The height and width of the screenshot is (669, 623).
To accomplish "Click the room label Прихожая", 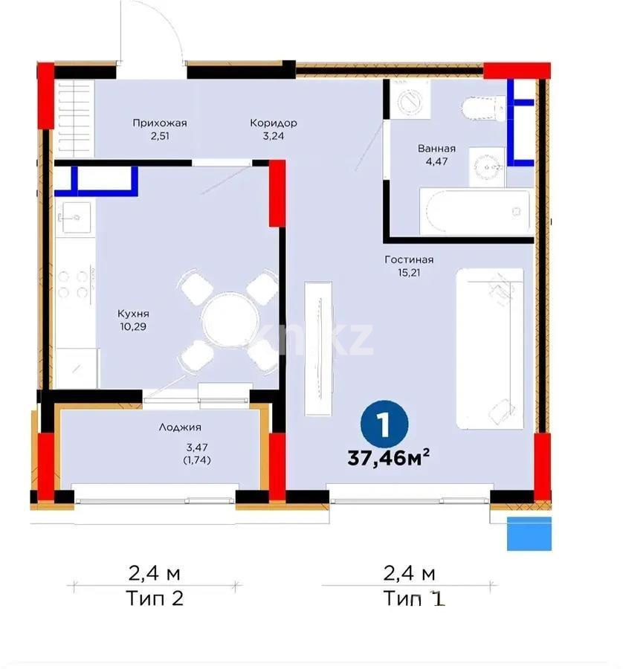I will coord(159,123).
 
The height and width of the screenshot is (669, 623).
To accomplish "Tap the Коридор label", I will coord(274,123).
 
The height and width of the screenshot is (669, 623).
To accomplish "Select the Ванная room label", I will coord(436,149).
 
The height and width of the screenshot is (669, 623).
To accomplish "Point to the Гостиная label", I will coord(409,260).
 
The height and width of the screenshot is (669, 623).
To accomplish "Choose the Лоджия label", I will coord(180,427).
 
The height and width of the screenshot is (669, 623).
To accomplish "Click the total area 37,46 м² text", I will coord(389,458).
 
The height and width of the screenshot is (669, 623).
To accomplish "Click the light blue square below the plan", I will coord(529,533).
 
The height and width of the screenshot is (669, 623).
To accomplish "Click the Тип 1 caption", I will coord(414,598).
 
